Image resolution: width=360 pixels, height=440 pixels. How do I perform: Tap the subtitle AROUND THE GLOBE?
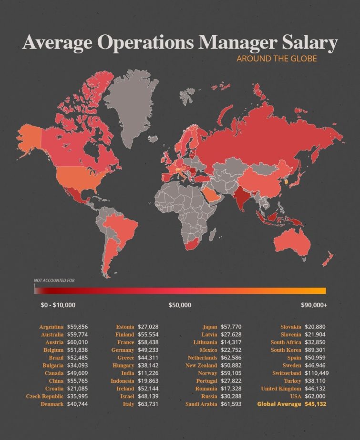pyautogui.click(x=277, y=59)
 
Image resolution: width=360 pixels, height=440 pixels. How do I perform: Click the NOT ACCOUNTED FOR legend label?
pyautogui.click(x=54, y=280)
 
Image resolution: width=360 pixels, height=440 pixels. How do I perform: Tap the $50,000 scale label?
pyautogui.click(x=180, y=305)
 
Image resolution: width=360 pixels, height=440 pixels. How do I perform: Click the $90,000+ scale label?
pyautogui.click(x=314, y=305)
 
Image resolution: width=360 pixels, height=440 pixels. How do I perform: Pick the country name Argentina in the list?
pyautogui.click(x=51, y=327)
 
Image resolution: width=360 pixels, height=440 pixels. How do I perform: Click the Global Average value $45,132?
pyautogui.click(x=316, y=404)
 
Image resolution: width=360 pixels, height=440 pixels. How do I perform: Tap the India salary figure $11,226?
pyautogui.click(x=148, y=373)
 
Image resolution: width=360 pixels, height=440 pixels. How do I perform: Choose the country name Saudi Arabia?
pyautogui.click(x=201, y=404)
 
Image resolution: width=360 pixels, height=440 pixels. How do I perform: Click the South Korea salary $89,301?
pyautogui.click(x=315, y=350)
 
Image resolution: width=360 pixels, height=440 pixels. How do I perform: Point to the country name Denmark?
pyautogui.click(x=52, y=404)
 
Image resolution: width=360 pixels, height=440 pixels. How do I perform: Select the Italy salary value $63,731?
pyautogui.click(x=148, y=404)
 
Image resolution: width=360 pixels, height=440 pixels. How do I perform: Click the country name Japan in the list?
pyautogui.click(x=210, y=327)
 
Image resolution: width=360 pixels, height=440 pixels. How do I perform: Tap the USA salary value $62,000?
pyautogui.click(x=315, y=396)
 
